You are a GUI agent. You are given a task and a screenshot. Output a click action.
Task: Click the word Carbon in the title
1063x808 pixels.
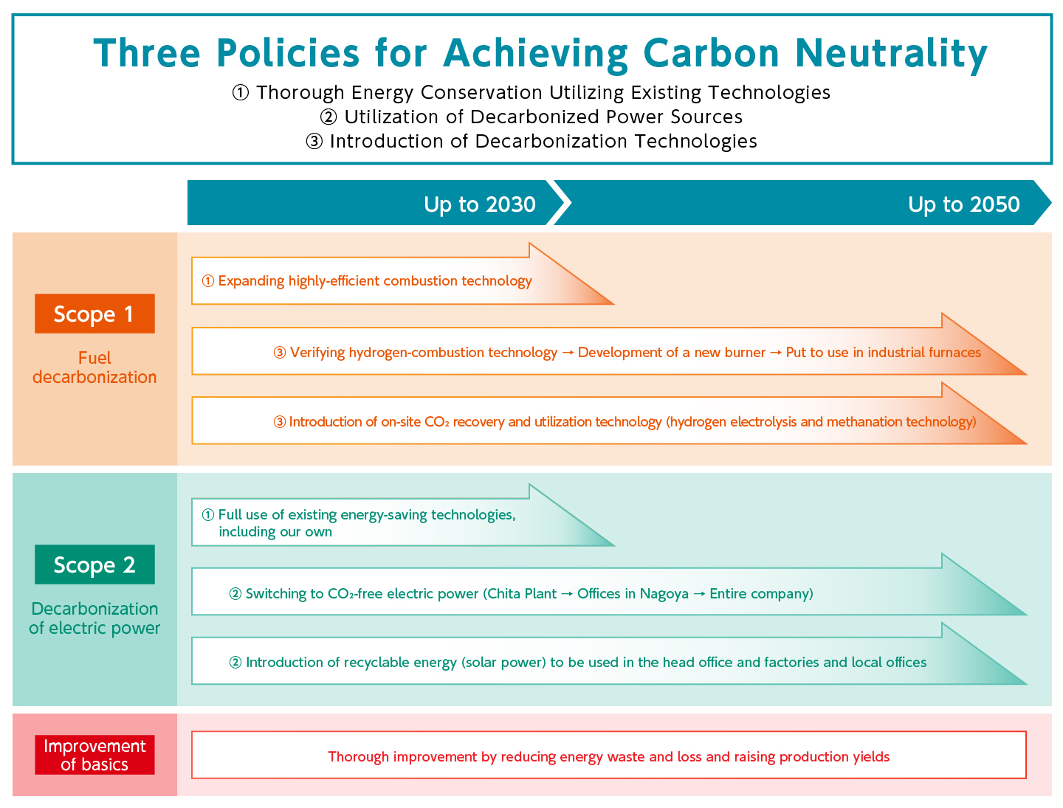click(x=711, y=53)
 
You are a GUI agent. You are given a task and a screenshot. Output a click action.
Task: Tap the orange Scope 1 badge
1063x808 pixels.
click(x=94, y=314)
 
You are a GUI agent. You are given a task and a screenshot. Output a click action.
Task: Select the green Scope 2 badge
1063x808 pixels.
click(x=94, y=564)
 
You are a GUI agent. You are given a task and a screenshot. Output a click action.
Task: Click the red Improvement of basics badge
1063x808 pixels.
click(x=94, y=755)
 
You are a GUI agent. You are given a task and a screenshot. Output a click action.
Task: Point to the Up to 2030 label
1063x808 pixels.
click(x=479, y=204)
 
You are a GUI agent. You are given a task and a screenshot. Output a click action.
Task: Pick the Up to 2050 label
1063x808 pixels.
click(x=963, y=204)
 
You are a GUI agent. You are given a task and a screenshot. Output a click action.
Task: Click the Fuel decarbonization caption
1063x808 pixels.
click(x=94, y=367)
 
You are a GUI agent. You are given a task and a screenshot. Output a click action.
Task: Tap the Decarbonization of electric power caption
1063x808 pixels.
click(x=94, y=618)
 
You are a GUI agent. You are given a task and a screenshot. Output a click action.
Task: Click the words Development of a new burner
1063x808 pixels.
click(x=671, y=353)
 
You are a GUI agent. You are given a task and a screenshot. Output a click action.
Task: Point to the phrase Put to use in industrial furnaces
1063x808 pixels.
click(x=883, y=353)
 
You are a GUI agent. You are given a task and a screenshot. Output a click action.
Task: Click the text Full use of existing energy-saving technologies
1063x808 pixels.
click(x=366, y=515)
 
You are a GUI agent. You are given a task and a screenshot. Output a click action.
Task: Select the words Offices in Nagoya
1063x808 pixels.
click(x=633, y=594)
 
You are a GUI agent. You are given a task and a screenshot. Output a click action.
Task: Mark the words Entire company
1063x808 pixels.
click(x=759, y=594)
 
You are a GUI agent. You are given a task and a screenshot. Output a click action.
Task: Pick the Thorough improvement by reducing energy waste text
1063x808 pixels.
click(x=608, y=757)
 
